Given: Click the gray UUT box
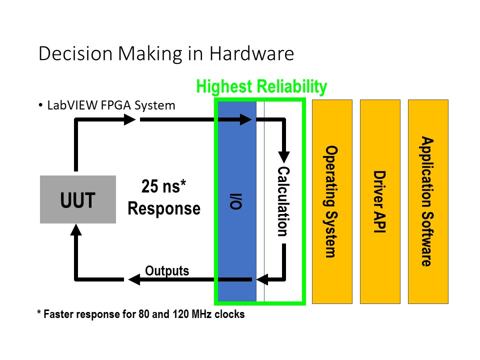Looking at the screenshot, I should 78,199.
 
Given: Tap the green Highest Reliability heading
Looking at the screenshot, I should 261,86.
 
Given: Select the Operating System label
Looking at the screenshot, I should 330,201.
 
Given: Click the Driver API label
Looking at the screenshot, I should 379,201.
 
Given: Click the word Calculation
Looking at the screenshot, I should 283,201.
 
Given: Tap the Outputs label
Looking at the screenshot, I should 167,271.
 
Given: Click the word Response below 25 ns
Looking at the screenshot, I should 164,208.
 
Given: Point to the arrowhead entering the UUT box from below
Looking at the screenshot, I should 76,229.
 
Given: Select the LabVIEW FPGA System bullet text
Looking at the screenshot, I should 111,105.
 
